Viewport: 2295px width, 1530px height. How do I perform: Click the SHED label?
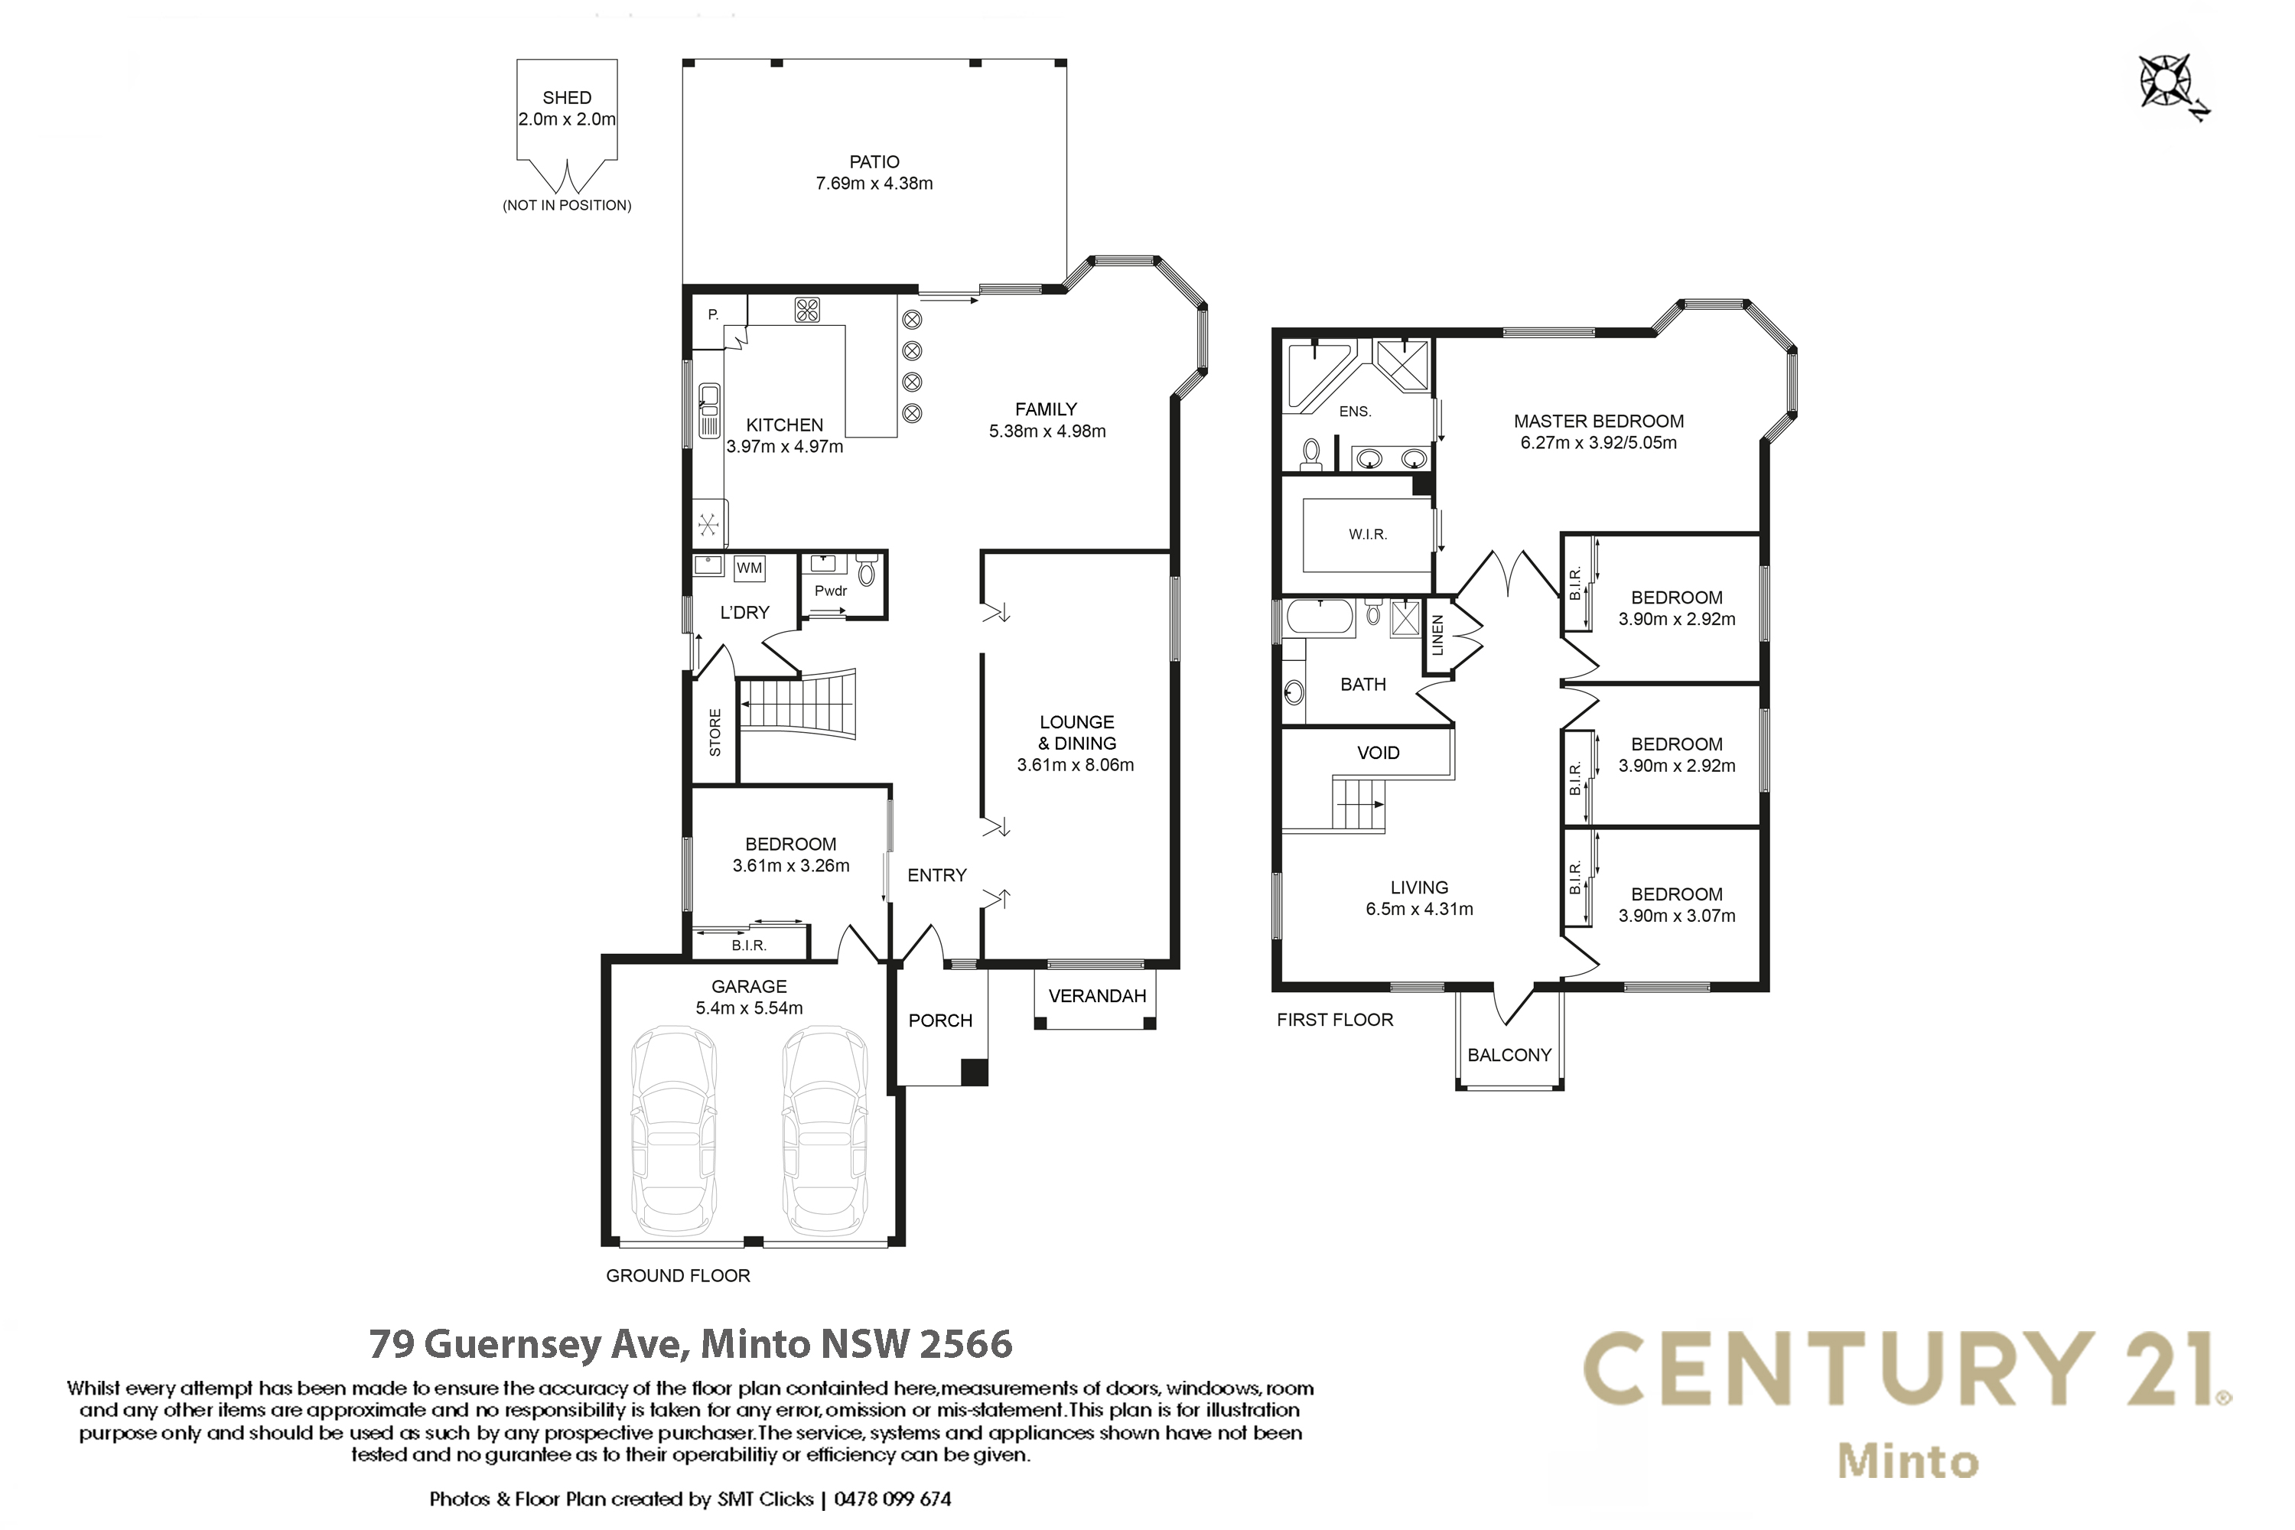click(x=567, y=98)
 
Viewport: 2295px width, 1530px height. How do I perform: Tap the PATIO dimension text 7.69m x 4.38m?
click(x=874, y=184)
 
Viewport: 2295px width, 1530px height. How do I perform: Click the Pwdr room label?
click(x=830, y=591)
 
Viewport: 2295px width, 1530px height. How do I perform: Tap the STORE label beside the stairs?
click(x=715, y=733)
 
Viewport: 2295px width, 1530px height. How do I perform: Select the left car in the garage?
click(x=673, y=1132)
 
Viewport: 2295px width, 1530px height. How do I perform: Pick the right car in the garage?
click(x=825, y=1132)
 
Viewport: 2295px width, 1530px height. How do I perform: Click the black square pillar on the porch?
click(x=975, y=1072)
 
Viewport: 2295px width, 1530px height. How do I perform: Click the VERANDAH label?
click(x=1097, y=996)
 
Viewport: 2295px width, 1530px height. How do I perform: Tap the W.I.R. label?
click(x=1368, y=535)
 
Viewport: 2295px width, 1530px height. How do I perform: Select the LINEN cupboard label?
click(x=1437, y=635)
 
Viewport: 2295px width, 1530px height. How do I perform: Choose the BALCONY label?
click(x=1509, y=1055)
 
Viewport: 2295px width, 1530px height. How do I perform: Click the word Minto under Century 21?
click(x=1909, y=1462)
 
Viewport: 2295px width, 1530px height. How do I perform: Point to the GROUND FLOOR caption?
click(x=678, y=1276)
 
